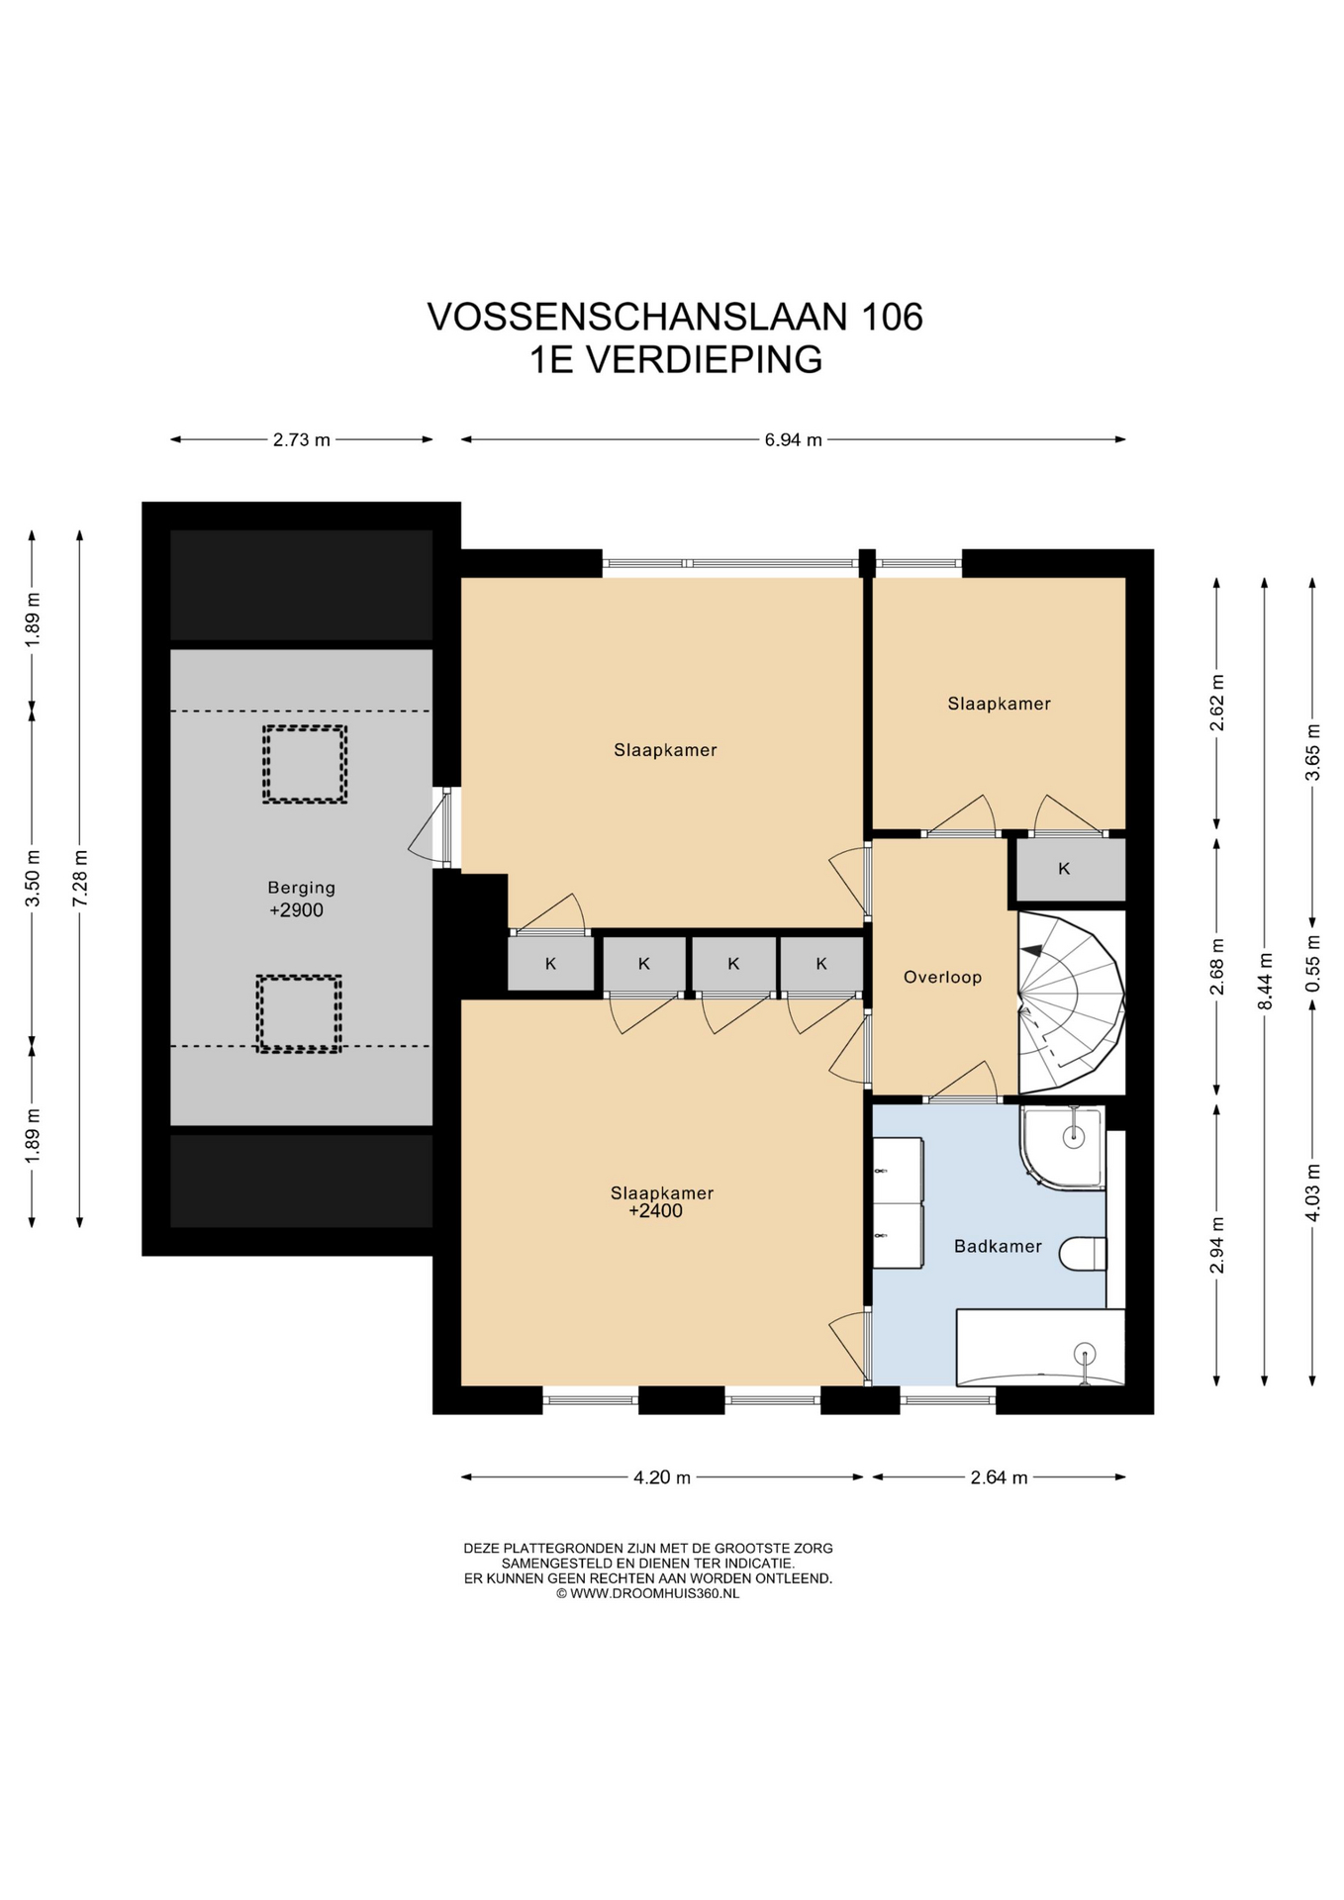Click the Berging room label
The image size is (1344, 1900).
tap(301, 888)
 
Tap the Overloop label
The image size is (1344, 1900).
tap(942, 977)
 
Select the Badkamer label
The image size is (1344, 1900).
tap(998, 1246)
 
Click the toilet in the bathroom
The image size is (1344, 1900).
tap(1083, 1253)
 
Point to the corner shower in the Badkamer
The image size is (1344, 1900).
tap(1062, 1147)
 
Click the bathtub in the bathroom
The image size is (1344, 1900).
tap(1040, 1347)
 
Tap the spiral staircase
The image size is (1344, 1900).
tap(1071, 1001)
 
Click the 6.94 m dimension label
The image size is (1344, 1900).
tap(793, 439)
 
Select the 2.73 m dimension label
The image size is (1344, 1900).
tap(302, 439)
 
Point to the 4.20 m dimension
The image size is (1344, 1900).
tap(662, 1477)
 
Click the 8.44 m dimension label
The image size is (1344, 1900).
tap(1264, 981)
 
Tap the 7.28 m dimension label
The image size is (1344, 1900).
tap(80, 878)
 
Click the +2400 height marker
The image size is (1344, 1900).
tap(655, 1210)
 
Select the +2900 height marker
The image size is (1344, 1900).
tap(296, 910)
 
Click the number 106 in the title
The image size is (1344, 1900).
tap(892, 317)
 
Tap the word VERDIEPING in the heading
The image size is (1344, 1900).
tap(704, 359)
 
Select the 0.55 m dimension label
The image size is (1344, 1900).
tap(1312, 963)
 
